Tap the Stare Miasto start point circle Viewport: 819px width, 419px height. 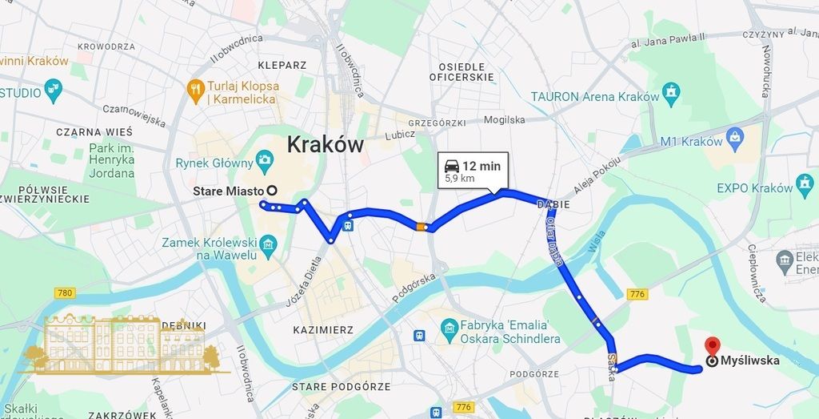tap(271, 191)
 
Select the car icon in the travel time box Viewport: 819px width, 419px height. tap(451, 166)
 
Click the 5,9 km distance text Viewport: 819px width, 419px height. tap(460, 178)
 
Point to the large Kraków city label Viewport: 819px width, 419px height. tap(325, 145)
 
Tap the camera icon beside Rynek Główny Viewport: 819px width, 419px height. tap(265, 163)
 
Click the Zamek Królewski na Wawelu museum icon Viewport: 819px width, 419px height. tap(269, 242)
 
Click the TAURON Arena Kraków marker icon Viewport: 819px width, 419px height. tap(673, 90)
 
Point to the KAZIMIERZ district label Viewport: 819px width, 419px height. tap(323, 329)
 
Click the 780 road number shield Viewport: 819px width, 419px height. tap(65, 293)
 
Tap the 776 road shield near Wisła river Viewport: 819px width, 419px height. tap(637, 294)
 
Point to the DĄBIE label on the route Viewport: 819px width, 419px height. tap(553, 203)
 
